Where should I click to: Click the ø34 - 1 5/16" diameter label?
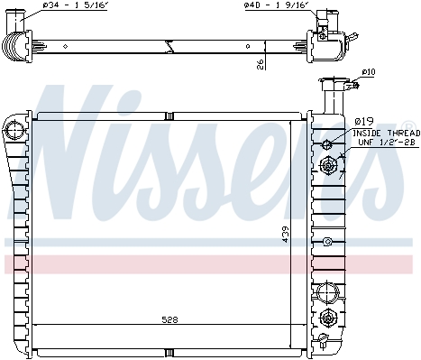75,5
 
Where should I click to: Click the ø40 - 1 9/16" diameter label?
276,5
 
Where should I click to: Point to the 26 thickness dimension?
261,64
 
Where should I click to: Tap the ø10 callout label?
369,72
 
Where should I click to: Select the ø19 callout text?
364,122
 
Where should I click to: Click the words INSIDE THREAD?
386,133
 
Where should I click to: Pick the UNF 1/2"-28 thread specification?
387,143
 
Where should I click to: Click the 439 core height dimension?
285,235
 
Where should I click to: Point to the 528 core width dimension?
169,319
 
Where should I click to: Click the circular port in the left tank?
14,130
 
